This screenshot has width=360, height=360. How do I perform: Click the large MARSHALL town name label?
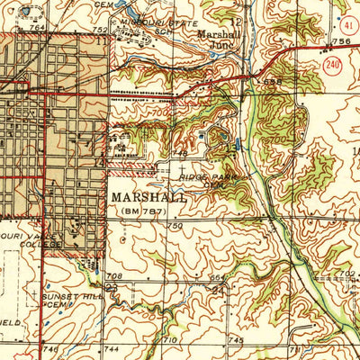[x=149, y=196]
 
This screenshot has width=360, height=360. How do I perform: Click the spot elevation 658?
[x=273, y=83]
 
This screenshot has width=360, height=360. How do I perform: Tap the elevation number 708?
[x=113, y=276]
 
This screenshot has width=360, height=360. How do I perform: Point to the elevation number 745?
[x=237, y=340]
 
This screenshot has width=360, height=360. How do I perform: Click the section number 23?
[x=112, y=288]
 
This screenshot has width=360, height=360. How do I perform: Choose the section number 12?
[x=235, y=20]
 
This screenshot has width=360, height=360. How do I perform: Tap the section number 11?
[x=101, y=40]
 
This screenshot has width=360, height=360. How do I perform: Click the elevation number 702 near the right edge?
[x=349, y=272]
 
